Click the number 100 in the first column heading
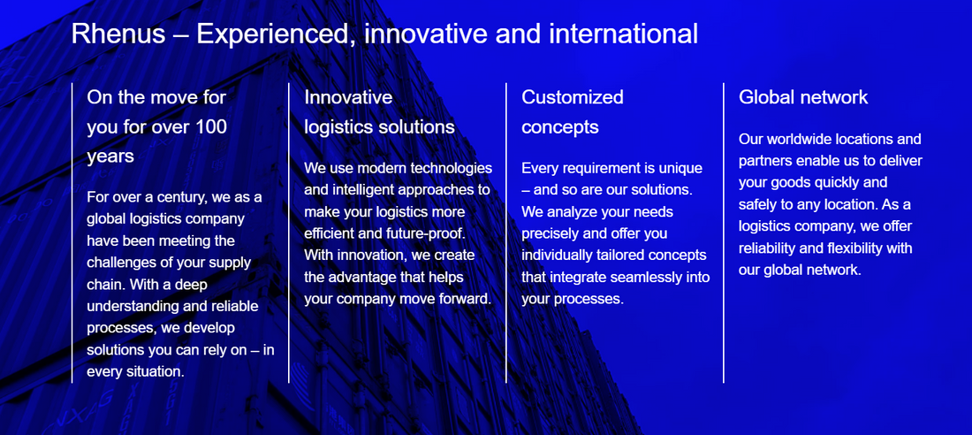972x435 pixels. point(210,126)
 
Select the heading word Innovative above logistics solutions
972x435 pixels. point(348,96)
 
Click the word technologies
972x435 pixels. point(448,168)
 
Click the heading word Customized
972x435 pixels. point(573,96)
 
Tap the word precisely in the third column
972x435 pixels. point(551,233)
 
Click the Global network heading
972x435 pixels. point(803,96)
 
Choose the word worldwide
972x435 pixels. point(800,139)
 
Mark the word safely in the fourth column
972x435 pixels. point(758,204)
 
